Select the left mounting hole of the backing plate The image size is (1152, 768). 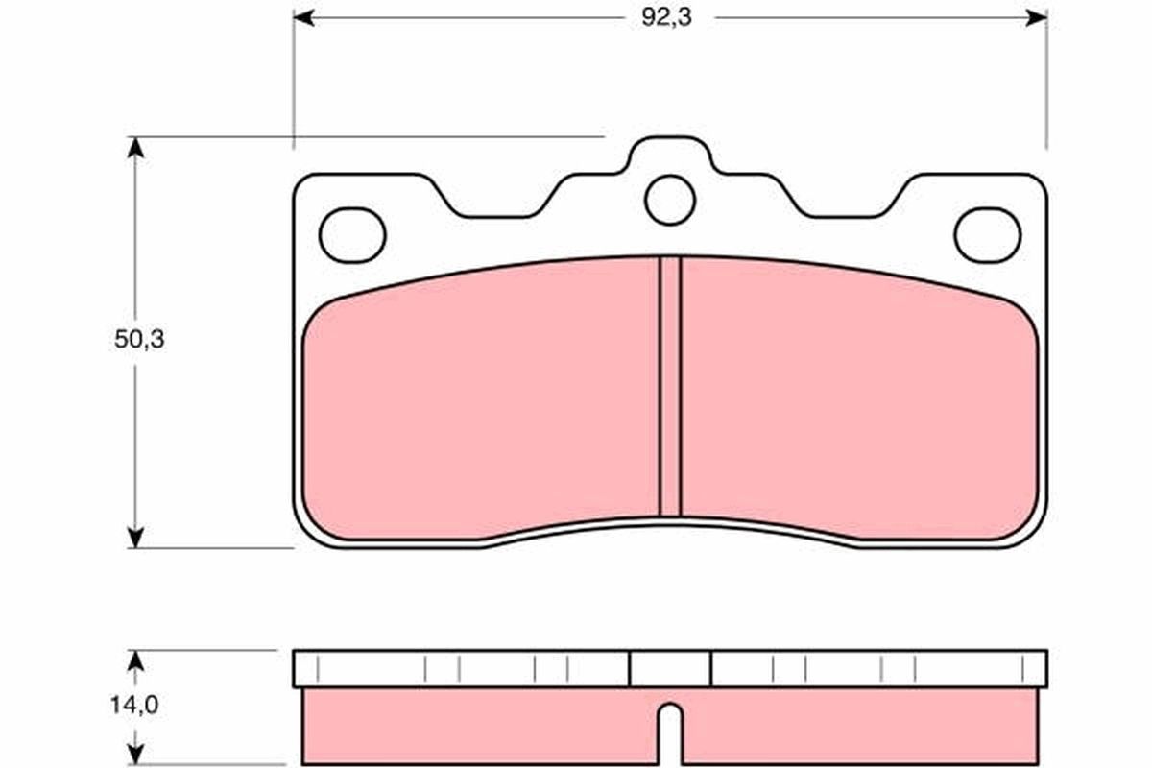coord(352,234)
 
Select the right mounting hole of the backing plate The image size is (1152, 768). coord(987,234)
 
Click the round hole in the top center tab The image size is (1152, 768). coord(669,201)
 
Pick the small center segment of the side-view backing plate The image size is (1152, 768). coord(669,668)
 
